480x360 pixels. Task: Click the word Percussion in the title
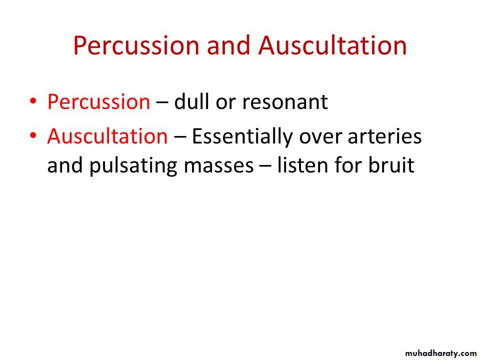[x=136, y=45]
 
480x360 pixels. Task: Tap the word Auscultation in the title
[x=332, y=45]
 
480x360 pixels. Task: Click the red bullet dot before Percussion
[x=33, y=100]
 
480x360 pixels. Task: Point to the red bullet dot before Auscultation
[x=33, y=135]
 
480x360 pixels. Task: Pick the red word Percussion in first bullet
[x=98, y=101]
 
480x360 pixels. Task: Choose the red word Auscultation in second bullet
[x=107, y=136]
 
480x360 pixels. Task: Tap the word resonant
[x=285, y=102]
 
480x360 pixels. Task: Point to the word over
[x=320, y=138]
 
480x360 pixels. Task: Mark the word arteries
[x=385, y=136]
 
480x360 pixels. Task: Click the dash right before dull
[x=162, y=103]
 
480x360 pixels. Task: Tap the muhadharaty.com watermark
[x=440, y=353]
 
